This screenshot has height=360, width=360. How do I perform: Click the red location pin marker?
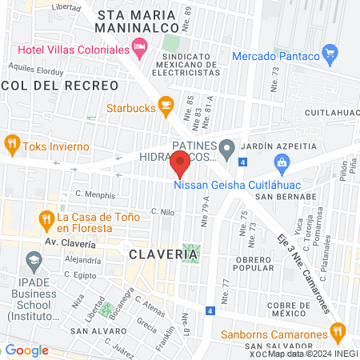(x=180, y=165)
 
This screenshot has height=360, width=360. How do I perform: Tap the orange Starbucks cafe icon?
(x=166, y=104)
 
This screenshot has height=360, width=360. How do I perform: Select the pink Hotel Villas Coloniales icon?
(x=140, y=50)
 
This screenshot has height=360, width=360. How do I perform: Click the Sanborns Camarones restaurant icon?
(x=338, y=330)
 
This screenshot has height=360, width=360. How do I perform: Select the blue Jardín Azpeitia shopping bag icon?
(x=281, y=164)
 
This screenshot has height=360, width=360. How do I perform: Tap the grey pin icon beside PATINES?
(x=227, y=148)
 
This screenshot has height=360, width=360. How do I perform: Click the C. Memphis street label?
(x=94, y=194)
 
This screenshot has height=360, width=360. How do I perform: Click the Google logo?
(x=26, y=350)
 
